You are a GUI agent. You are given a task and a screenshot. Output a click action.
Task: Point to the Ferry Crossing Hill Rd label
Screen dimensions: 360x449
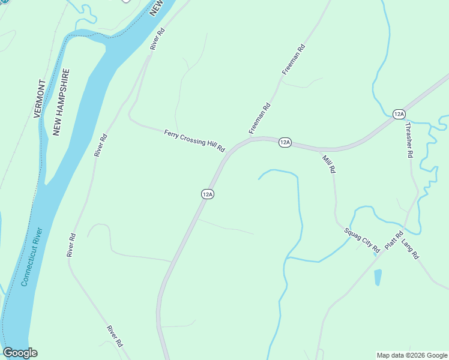(x=194, y=140)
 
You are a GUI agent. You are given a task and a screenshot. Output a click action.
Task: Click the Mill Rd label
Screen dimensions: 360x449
(x=328, y=164)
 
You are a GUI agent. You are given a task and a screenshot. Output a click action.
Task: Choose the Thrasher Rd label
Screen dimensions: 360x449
(x=409, y=140)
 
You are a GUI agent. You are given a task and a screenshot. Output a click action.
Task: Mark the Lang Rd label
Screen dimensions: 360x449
(x=410, y=248)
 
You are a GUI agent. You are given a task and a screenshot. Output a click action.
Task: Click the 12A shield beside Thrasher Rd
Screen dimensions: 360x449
(x=399, y=114)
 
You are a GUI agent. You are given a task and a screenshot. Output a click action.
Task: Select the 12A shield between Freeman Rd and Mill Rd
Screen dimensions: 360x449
(x=285, y=142)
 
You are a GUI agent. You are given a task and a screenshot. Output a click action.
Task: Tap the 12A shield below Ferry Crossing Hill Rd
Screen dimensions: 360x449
(x=207, y=194)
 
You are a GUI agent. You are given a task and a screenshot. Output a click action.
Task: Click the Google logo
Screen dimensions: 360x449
(x=20, y=353)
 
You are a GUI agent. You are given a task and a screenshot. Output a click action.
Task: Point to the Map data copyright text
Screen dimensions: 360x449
(x=411, y=355)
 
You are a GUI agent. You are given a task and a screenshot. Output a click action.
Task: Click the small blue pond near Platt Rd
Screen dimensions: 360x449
(x=378, y=277)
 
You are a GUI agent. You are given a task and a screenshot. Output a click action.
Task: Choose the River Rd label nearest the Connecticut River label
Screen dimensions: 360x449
(x=71, y=245)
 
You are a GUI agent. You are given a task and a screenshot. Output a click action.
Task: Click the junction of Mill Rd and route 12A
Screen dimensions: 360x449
(x=320, y=149)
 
